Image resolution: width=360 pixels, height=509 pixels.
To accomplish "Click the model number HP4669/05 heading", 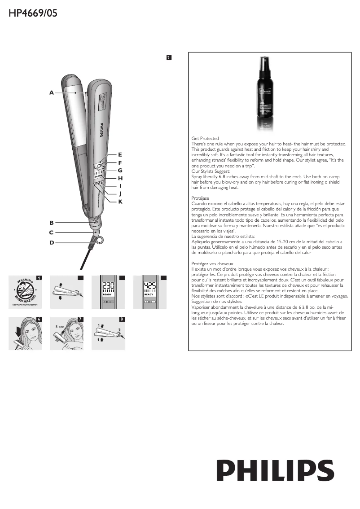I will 33,13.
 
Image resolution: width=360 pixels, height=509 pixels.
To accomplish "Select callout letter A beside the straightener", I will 52,93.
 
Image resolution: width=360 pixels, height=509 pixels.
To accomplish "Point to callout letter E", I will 120,154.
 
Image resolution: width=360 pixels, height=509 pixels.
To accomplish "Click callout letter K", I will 120,202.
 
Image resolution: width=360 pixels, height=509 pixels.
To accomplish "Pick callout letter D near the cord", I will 52,242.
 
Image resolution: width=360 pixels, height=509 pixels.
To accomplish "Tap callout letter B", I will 52,223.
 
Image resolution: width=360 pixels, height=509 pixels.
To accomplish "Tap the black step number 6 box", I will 40,319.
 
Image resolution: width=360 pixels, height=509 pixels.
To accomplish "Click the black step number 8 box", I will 122,319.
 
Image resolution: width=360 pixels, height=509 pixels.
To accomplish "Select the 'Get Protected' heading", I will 205,138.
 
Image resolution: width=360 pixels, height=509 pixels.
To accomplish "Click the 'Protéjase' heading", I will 200,198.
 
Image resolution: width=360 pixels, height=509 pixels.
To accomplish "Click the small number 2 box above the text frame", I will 168,57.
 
